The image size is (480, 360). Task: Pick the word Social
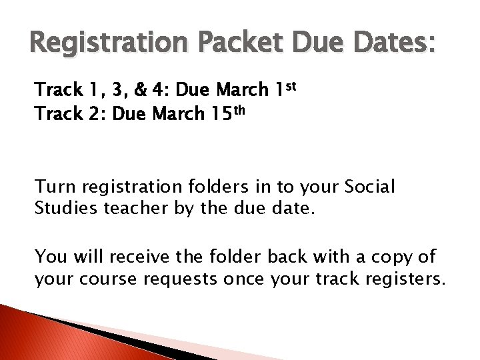(371, 187)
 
